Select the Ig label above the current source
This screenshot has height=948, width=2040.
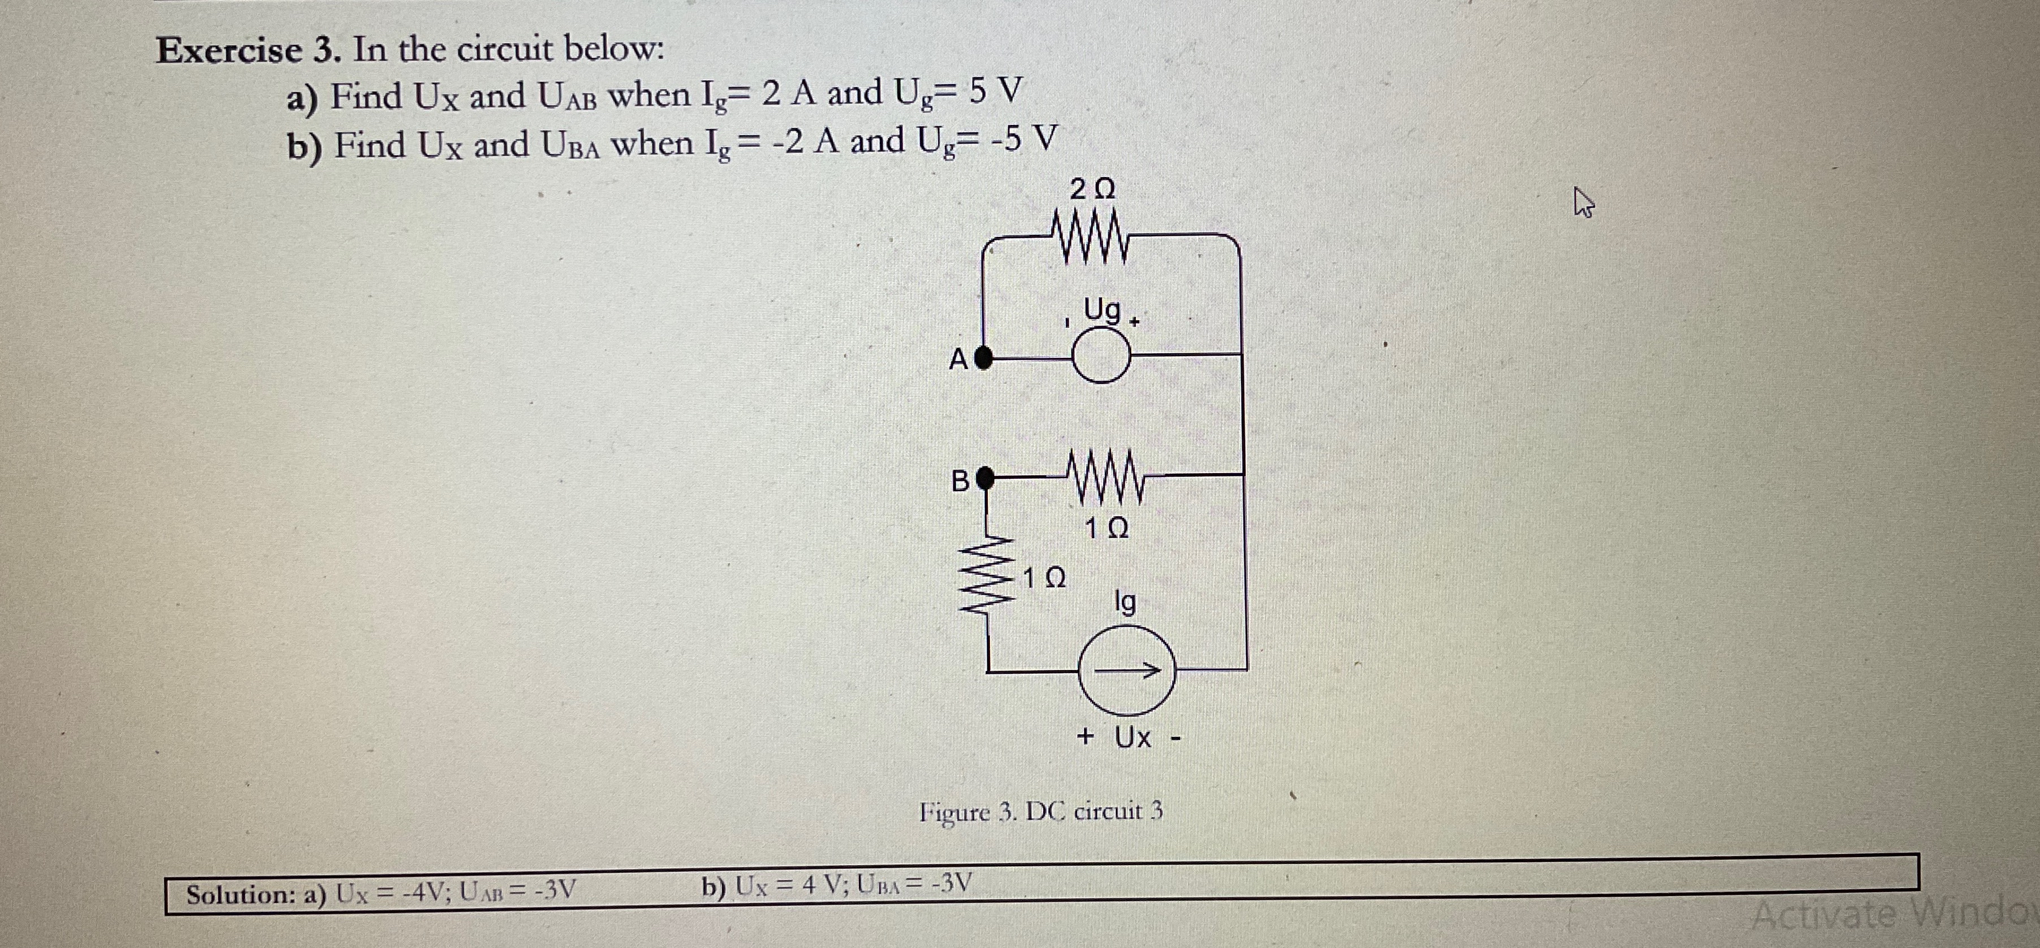tap(1125, 603)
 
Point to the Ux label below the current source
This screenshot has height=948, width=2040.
tap(1133, 737)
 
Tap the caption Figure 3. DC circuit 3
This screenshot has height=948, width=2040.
tap(1040, 812)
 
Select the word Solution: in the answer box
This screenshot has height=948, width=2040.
tap(252, 895)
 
